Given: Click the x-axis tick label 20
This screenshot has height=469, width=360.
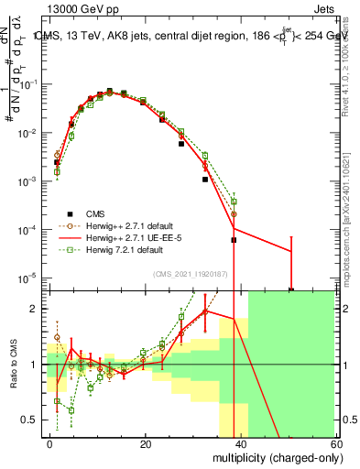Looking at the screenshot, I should pyautogui.click(x=146, y=444).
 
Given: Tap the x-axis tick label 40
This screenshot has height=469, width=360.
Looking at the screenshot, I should pyautogui.click(x=242, y=444).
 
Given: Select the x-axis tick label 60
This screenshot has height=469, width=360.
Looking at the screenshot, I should pyautogui.click(x=336, y=444).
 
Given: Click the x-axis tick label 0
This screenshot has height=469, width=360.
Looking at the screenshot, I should pyautogui.click(x=50, y=444).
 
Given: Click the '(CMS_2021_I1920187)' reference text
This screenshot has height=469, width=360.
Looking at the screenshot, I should pyautogui.click(x=191, y=272).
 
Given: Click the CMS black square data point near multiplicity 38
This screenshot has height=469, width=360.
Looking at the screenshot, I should pyautogui.click(x=234, y=240).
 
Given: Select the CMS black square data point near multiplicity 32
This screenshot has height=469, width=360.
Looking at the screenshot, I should pyautogui.click(x=205, y=180).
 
